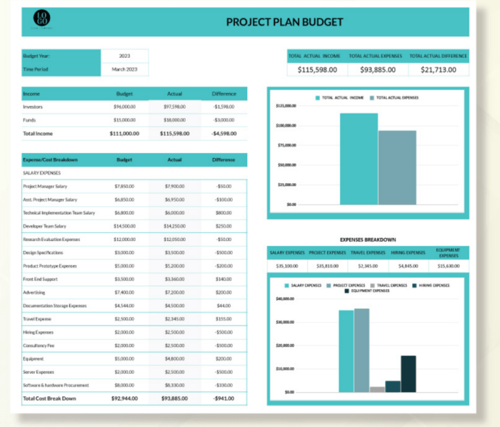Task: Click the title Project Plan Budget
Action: (x=284, y=21)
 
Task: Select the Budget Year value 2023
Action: (x=124, y=56)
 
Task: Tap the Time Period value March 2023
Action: (x=124, y=69)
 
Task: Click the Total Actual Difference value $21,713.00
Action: (x=439, y=69)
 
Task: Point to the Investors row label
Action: (x=34, y=107)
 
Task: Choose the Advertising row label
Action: (x=34, y=293)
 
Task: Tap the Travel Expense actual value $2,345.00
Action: (x=174, y=319)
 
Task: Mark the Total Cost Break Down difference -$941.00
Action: (x=224, y=398)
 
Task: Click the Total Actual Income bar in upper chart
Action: (x=359, y=159)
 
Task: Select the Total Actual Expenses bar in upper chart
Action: (x=397, y=167)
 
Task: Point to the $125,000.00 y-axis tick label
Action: (x=286, y=106)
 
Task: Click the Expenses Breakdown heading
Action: (x=368, y=240)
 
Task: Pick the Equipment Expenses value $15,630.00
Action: (x=448, y=265)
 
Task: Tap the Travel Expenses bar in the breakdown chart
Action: (x=377, y=389)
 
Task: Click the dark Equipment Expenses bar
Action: (x=409, y=374)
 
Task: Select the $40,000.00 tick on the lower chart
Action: (x=285, y=298)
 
